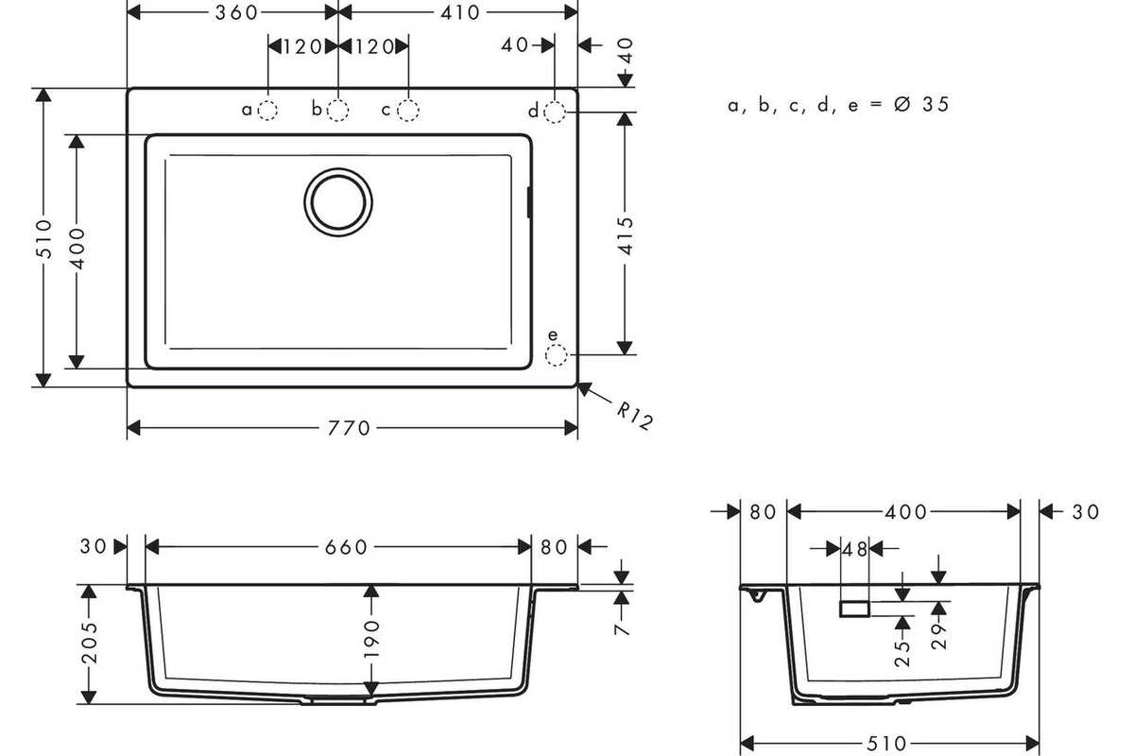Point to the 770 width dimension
coord(349,428)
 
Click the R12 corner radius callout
coord(635,416)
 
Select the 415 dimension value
coord(627,236)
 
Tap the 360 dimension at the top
coord(236,12)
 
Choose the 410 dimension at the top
coord(459,12)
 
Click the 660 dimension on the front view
coord(346,547)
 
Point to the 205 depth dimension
coord(90,643)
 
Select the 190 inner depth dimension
coord(371,639)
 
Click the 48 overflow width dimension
coord(854,549)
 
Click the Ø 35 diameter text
coord(922,104)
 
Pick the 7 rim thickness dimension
coord(622,629)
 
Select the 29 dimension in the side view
coord(939,637)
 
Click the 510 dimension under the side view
coord(886,744)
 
